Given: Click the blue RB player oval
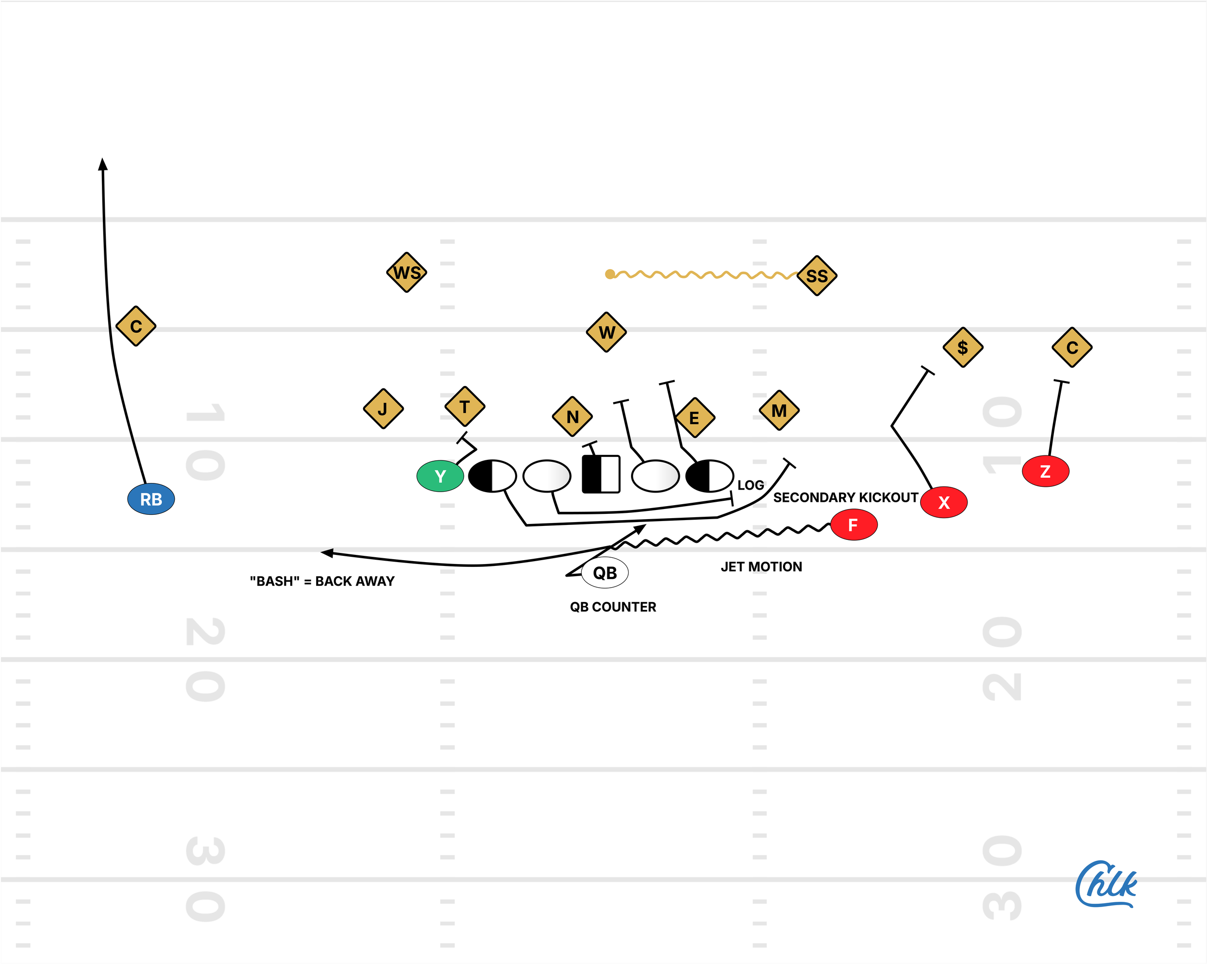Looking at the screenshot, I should click(x=151, y=498).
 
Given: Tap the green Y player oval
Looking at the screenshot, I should click(x=440, y=476).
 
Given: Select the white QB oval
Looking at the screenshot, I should click(x=604, y=572).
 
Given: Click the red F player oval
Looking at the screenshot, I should click(x=853, y=525).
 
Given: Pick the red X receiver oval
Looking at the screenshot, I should click(x=944, y=502).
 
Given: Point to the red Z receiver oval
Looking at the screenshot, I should click(x=1045, y=471).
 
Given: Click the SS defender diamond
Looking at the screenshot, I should click(x=817, y=276).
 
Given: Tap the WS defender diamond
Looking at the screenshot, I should click(x=407, y=273).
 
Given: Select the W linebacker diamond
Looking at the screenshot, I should click(x=606, y=332).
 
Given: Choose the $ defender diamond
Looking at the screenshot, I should click(x=963, y=347).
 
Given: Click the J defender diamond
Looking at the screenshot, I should click(x=383, y=409).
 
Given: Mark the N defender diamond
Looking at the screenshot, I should click(x=572, y=417).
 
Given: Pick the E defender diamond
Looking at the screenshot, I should click(x=695, y=418).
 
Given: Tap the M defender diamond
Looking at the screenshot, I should click(x=779, y=411).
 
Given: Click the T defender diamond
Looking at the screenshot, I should click(x=464, y=406).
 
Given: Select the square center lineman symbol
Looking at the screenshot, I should click(x=601, y=474).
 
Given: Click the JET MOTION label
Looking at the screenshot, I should click(x=761, y=567).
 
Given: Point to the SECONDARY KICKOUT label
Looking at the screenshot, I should click(x=845, y=497).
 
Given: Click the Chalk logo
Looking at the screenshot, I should click(x=1106, y=884).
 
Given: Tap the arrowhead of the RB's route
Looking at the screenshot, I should click(x=102, y=164).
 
